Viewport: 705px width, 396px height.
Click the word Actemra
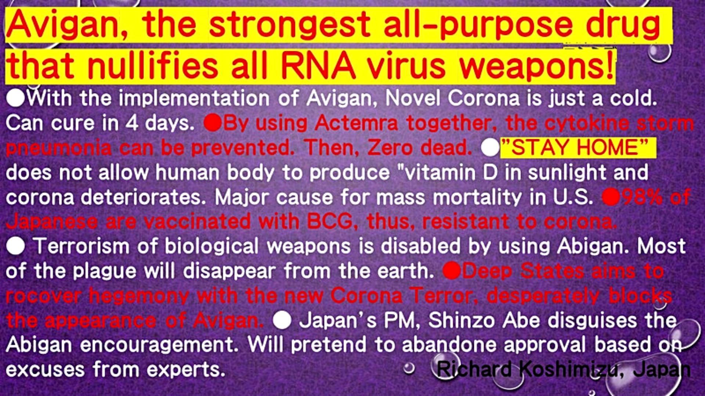(x=356, y=123)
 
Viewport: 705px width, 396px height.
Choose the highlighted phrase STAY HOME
(x=579, y=148)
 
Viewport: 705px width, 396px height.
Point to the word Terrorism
(x=81, y=246)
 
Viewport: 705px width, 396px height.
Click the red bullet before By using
(x=213, y=124)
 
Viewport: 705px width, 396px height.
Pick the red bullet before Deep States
(x=452, y=271)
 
